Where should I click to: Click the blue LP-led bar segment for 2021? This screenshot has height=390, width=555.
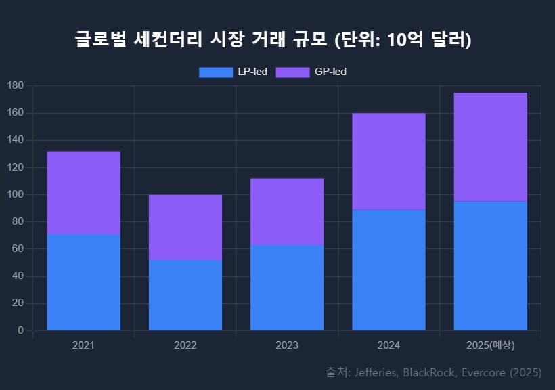(x=83, y=282)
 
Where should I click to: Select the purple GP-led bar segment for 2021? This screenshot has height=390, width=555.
(x=83, y=193)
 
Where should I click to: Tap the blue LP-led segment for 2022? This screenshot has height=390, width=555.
(x=185, y=295)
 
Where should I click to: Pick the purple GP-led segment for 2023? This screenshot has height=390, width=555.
(x=287, y=212)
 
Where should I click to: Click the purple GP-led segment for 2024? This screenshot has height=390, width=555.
(x=388, y=161)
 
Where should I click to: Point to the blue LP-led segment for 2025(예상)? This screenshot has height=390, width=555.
(x=490, y=265)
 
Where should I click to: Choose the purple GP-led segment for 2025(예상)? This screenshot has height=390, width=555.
(x=490, y=147)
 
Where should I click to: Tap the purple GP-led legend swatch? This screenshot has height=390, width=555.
(x=292, y=72)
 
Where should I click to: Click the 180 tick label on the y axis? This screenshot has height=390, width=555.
(x=16, y=86)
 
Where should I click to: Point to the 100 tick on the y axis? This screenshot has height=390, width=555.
(x=16, y=194)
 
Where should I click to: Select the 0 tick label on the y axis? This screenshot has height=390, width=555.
(x=20, y=330)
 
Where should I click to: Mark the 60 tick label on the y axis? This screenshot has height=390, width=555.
(x=18, y=249)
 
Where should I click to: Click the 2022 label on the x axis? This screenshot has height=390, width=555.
(x=185, y=345)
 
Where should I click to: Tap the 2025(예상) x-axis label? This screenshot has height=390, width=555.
(x=490, y=345)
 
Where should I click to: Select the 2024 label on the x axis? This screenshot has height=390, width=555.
(x=388, y=345)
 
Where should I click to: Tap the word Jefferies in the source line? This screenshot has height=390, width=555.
(x=378, y=372)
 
